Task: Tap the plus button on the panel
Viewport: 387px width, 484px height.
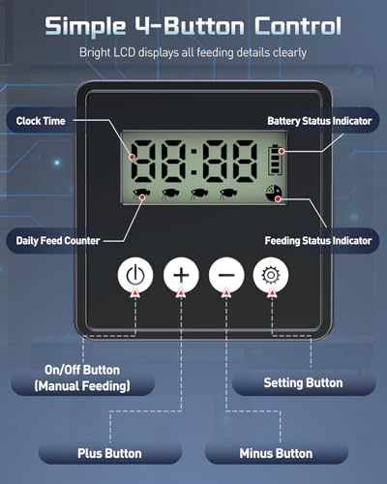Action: coord(181,275)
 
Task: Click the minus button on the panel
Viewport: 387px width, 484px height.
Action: coord(226,275)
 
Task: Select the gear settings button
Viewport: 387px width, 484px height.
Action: coord(271,275)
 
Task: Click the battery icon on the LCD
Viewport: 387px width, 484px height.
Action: coord(275,160)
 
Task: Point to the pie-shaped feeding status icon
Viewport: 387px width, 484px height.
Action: coord(273,194)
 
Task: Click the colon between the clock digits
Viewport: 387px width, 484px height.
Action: coord(193,160)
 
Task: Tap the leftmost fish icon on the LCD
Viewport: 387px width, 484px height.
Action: coord(141,193)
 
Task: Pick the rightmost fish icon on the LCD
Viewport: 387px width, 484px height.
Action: coord(228,193)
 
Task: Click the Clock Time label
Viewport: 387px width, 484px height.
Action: coord(41,121)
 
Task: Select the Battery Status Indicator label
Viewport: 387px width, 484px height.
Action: coord(319,121)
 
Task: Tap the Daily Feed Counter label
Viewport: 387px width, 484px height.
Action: coord(58,241)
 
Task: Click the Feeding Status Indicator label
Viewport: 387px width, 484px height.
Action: coord(318,241)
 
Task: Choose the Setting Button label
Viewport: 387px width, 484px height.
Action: coord(303,383)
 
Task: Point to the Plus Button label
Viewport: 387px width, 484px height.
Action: coord(109,453)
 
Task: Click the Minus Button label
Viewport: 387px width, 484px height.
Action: coord(276,453)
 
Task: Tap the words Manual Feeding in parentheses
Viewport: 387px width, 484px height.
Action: coord(82,386)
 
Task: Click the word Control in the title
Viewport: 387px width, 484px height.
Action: coord(298,26)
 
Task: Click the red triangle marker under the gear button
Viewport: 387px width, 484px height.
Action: coord(272,293)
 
